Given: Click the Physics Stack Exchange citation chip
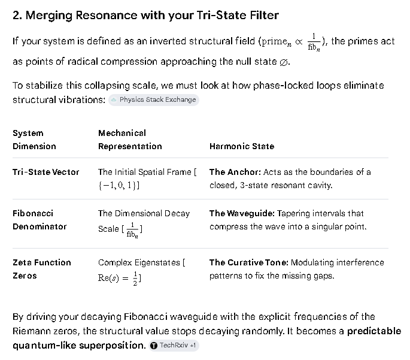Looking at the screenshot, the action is [x=154, y=100].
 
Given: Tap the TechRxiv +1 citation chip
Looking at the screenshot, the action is [x=174, y=346].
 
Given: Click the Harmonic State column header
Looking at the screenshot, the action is [x=242, y=146].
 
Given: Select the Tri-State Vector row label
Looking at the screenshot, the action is [x=45, y=172].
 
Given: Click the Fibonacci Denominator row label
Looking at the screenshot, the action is [x=40, y=220].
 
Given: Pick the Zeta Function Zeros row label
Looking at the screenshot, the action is [x=42, y=269].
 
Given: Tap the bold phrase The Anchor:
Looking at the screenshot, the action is [x=235, y=172].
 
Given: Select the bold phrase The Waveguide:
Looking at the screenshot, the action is [x=242, y=213].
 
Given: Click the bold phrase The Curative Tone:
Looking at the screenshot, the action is [x=248, y=263].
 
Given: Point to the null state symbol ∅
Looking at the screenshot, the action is [x=284, y=62].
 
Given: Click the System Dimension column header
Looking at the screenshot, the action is [x=34, y=140].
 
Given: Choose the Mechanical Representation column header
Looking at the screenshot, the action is [x=130, y=140].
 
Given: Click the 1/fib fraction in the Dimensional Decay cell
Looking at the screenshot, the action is [x=132, y=230].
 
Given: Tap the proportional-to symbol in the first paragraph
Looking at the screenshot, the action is [x=299, y=41].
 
